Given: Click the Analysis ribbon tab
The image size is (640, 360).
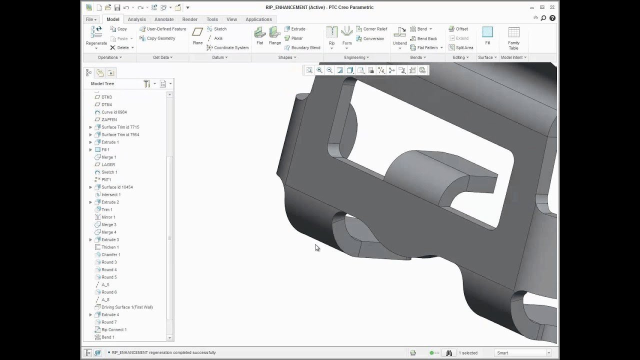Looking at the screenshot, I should pyautogui.click(x=136, y=19).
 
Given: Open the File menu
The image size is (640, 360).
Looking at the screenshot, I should pyautogui.click(x=91, y=19).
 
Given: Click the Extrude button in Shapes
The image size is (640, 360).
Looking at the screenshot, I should pyautogui.click(x=298, y=29).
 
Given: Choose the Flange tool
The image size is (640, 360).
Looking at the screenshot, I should pyautogui.click(x=274, y=36).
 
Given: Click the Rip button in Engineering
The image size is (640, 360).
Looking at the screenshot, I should pyautogui.click(x=331, y=36).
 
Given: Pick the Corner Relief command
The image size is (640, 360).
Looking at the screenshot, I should pyautogui.click(x=371, y=29).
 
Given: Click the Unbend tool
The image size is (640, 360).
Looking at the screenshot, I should pyautogui.click(x=399, y=36).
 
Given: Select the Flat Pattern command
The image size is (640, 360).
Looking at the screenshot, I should pyautogui.click(x=426, y=48).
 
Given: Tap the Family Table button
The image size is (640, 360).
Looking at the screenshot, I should pyautogui.click(x=513, y=38).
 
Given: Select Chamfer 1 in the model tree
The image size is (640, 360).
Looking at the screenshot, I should pyautogui.click(x=110, y=254).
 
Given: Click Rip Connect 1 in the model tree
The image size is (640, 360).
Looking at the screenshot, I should pyautogui.click(x=114, y=329).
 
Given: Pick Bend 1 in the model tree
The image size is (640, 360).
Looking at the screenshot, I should pyautogui.click(x=107, y=337).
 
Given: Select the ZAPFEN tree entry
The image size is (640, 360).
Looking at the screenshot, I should pyautogui.click(x=109, y=119).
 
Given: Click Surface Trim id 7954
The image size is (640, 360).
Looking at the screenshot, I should pyautogui.click(x=120, y=134).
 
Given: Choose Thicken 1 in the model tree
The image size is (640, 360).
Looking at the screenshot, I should pyautogui.click(x=110, y=247).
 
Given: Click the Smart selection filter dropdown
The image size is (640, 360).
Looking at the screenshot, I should pyautogui.click(x=522, y=353).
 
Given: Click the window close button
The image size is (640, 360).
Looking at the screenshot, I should pyautogui.click(x=552, y=7).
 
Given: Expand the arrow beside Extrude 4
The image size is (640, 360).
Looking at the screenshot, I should pyautogui.click(x=90, y=314).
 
